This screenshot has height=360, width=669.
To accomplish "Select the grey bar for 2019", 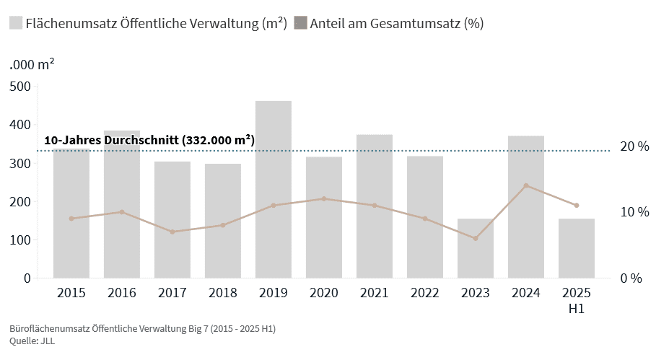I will (274, 189).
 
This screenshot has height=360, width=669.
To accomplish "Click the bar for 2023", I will (476, 248).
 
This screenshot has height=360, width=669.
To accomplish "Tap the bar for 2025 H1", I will (577, 248).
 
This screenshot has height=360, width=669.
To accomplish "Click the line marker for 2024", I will (526, 185).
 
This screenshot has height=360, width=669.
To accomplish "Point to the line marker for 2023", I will (476, 238).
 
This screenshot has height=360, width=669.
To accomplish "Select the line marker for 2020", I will (324, 198).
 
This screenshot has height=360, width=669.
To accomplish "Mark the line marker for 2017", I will (172, 232).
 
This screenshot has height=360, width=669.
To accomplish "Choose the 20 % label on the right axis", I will (635, 146).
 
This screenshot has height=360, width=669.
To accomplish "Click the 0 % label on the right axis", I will (631, 278).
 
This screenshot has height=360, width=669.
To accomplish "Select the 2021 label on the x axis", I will (375, 293).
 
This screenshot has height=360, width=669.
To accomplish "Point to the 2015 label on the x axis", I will (71, 293).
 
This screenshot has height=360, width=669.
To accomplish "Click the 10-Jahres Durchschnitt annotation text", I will (149, 140).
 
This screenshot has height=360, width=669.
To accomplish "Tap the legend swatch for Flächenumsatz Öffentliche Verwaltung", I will (15, 23).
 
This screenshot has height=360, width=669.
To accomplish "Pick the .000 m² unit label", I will (32, 63).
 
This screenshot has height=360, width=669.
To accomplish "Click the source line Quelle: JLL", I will (32, 341).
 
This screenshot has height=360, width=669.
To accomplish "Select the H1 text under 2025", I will (577, 309).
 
